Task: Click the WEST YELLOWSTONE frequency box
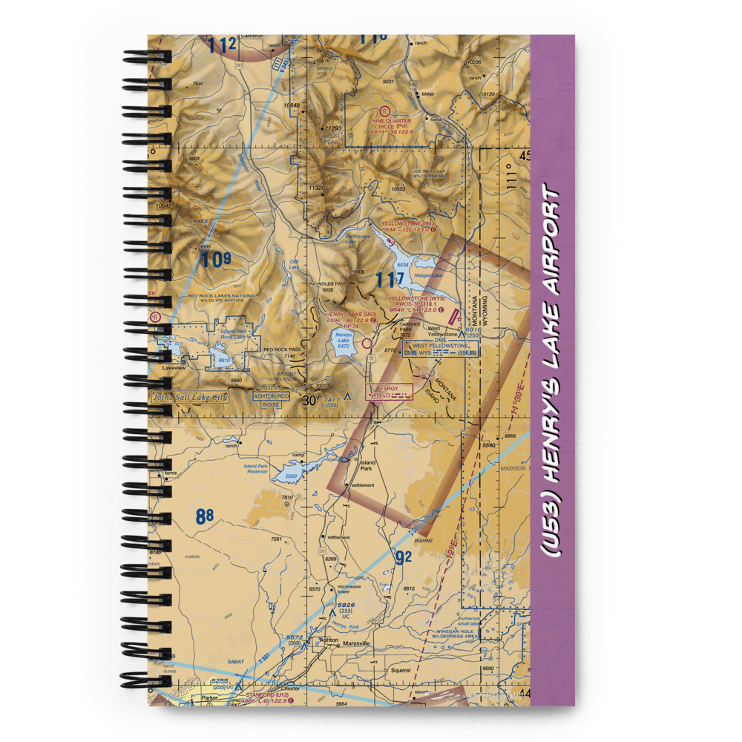point(441,349)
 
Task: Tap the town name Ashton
point(328,639)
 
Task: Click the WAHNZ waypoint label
point(424,541)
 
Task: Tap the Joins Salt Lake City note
point(190,397)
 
